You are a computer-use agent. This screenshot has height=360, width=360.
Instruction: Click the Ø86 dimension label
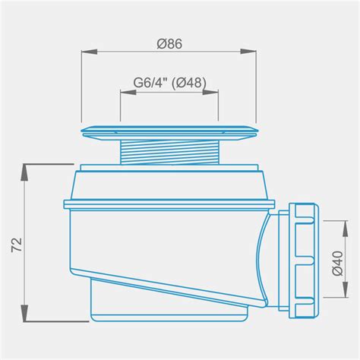169,44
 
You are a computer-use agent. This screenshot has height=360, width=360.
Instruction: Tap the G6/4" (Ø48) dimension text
170,83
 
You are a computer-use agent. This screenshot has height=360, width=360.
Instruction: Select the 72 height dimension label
17,245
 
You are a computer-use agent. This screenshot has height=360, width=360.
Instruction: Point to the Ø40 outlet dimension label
337,263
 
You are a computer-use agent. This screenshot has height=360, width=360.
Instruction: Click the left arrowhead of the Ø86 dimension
90,52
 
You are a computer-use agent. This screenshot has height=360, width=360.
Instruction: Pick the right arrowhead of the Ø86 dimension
248,52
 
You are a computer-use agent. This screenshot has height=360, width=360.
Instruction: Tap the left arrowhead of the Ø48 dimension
128,92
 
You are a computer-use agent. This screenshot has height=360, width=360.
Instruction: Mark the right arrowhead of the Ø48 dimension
210,92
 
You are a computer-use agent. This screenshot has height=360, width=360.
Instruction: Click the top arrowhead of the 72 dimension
24,172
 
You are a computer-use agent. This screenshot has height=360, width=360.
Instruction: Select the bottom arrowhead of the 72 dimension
24,313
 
